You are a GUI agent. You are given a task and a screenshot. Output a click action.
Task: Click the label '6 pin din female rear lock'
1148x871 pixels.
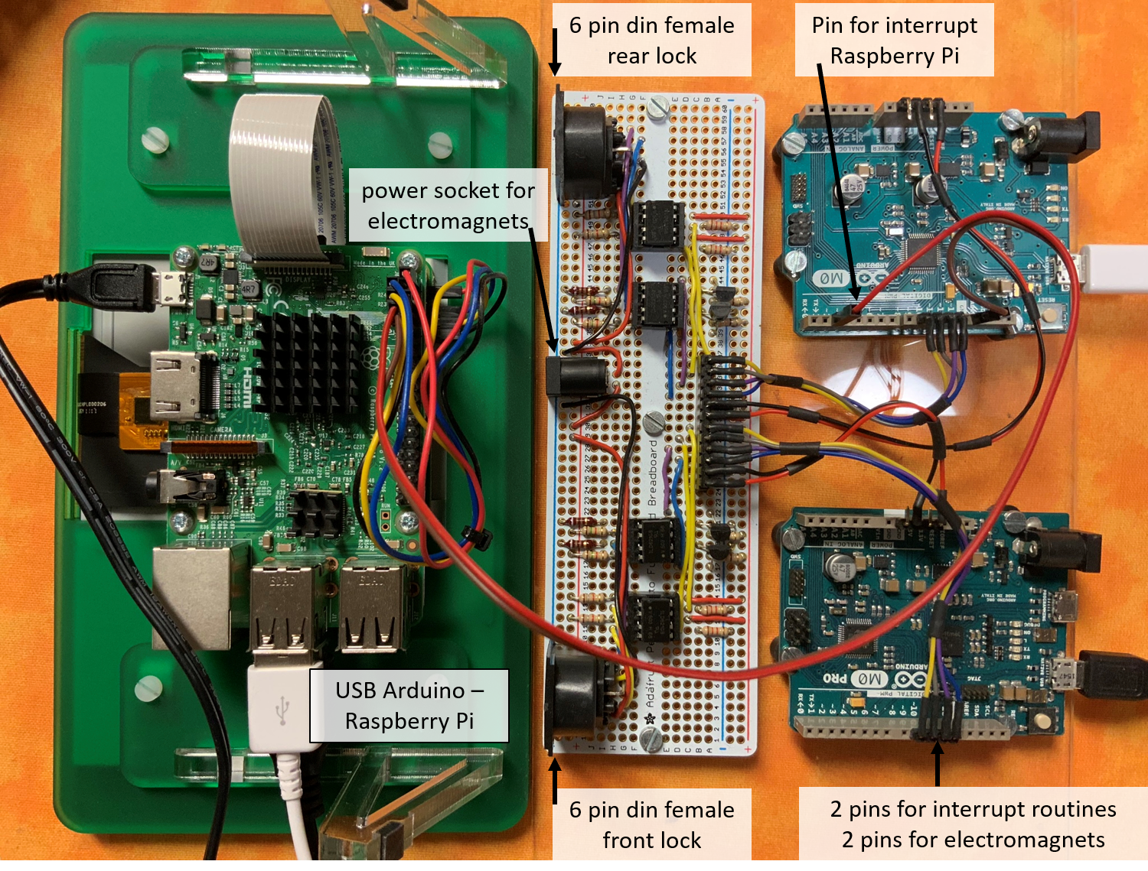point(651,40)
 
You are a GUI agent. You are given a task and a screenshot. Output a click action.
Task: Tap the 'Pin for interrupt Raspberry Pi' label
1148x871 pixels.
point(894,40)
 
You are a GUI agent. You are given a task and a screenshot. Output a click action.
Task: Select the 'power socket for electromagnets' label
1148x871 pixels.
point(448,205)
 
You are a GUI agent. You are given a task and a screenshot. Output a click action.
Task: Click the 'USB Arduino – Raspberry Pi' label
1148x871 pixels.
point(409,705)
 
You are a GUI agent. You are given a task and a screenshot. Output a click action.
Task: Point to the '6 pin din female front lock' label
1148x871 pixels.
point(651,824)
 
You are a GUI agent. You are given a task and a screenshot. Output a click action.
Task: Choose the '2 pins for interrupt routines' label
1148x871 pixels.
point(973,809)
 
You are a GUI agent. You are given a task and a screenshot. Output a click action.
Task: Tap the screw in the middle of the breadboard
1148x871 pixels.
point(653,421)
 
